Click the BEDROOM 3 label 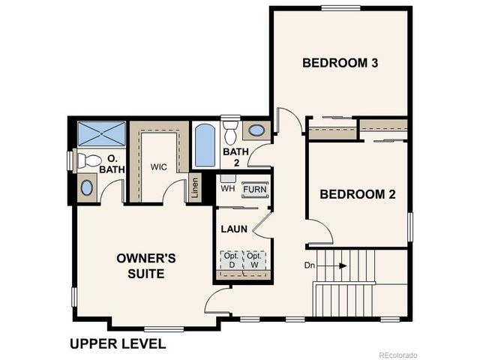coord(339,62)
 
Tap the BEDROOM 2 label coord(358,194)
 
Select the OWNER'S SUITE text coord(146,266)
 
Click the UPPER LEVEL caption coord(118,344)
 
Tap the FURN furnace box coord(255,189)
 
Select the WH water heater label coord(227,190)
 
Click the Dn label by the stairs coord(310,265)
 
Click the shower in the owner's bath coord(102,134)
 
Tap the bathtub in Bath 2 coord(205,146)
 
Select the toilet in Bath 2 coord(230,129)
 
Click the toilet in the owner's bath coord(88,160)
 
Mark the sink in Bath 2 coord(256,130)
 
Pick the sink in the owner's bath coord(87,187)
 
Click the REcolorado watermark coord(398,354)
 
